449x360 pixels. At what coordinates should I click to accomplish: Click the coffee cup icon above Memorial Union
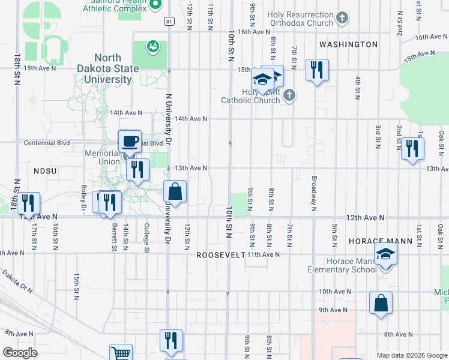(130, 142)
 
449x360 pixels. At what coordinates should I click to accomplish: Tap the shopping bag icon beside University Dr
(175, 193)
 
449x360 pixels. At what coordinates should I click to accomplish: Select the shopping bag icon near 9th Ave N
(381, 304)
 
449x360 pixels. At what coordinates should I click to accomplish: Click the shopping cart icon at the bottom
(121, 354)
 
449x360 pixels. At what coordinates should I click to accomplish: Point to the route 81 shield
(169, 22)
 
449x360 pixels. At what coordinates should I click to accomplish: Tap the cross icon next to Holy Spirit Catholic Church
(289, 95)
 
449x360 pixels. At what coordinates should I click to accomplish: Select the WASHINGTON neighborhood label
(348, 44)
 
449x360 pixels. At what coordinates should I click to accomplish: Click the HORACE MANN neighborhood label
(380, 241)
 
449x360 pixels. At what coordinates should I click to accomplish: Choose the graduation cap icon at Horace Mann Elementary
(385, 254)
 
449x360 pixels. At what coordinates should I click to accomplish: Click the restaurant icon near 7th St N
(316, 70)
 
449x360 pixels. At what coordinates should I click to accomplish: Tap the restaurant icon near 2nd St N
(412, 148)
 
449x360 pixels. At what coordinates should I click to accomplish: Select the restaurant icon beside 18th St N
(28, 203)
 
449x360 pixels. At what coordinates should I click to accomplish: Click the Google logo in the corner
(20, 353)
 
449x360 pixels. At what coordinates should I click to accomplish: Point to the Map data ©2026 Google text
(411, 355)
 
